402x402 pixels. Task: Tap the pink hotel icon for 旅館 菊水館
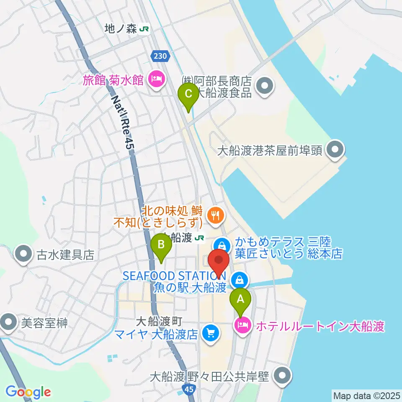[x=157, y=78]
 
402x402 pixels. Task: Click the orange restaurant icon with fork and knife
[x=216, y=216]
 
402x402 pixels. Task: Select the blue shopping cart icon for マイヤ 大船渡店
[x=210, y=333]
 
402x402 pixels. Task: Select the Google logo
[x=28, y=392]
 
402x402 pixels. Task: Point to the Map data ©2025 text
[x=366, y=395]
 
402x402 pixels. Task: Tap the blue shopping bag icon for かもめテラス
[x=222, y=245]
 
